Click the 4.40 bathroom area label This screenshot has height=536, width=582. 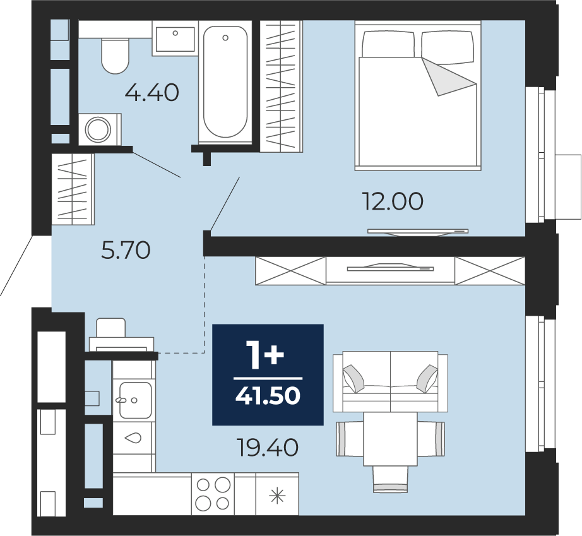[x=151, y=93]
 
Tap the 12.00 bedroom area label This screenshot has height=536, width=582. [x=393, y=201]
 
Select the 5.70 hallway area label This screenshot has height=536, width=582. [x=126, y=250]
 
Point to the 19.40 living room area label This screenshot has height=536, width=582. [x=268, y=447]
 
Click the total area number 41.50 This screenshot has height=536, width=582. [x=268, y=396]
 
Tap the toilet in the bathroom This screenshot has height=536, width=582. [x=115, y=56]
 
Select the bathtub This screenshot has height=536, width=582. [x=225, y=81]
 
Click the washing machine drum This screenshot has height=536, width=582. [x=98, y=130]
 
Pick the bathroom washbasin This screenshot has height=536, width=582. [x=175, y=39]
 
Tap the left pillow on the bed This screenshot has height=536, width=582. [x=388, y=44]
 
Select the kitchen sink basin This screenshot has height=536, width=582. [x=135, y=400]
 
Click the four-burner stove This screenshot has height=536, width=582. [x=213, y=494]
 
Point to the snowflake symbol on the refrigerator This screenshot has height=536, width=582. [x=277, y=496]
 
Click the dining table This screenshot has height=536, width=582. [x=390, y=439]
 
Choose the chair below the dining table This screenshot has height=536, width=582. [x=390, y=479]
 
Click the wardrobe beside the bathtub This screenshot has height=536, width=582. [x=282, y=86]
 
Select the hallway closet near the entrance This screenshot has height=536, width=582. [x=73, y=189]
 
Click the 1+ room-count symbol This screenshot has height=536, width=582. [x=266, y=356]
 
